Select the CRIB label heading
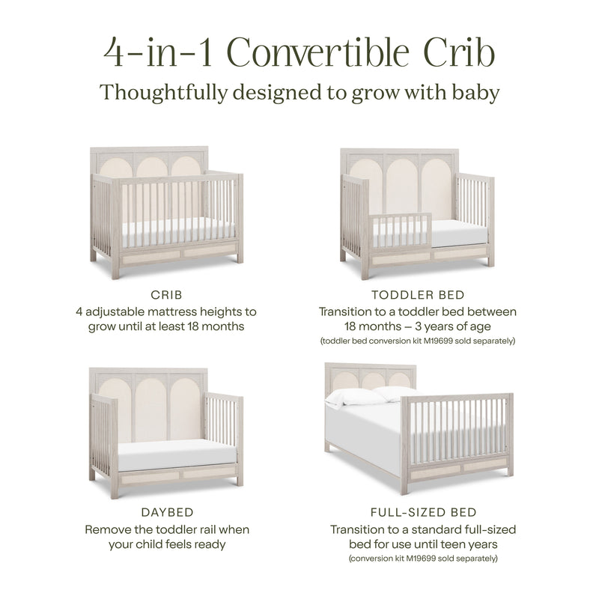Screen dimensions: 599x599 pyautogui.click(x=167, y=296)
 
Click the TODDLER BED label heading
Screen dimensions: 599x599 pyautogui.click(x=418, y=296)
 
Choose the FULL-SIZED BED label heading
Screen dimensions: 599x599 pyautogui.click(x=423, y=513)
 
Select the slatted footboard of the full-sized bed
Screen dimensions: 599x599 pyautogui.click(x=457, y=431)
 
